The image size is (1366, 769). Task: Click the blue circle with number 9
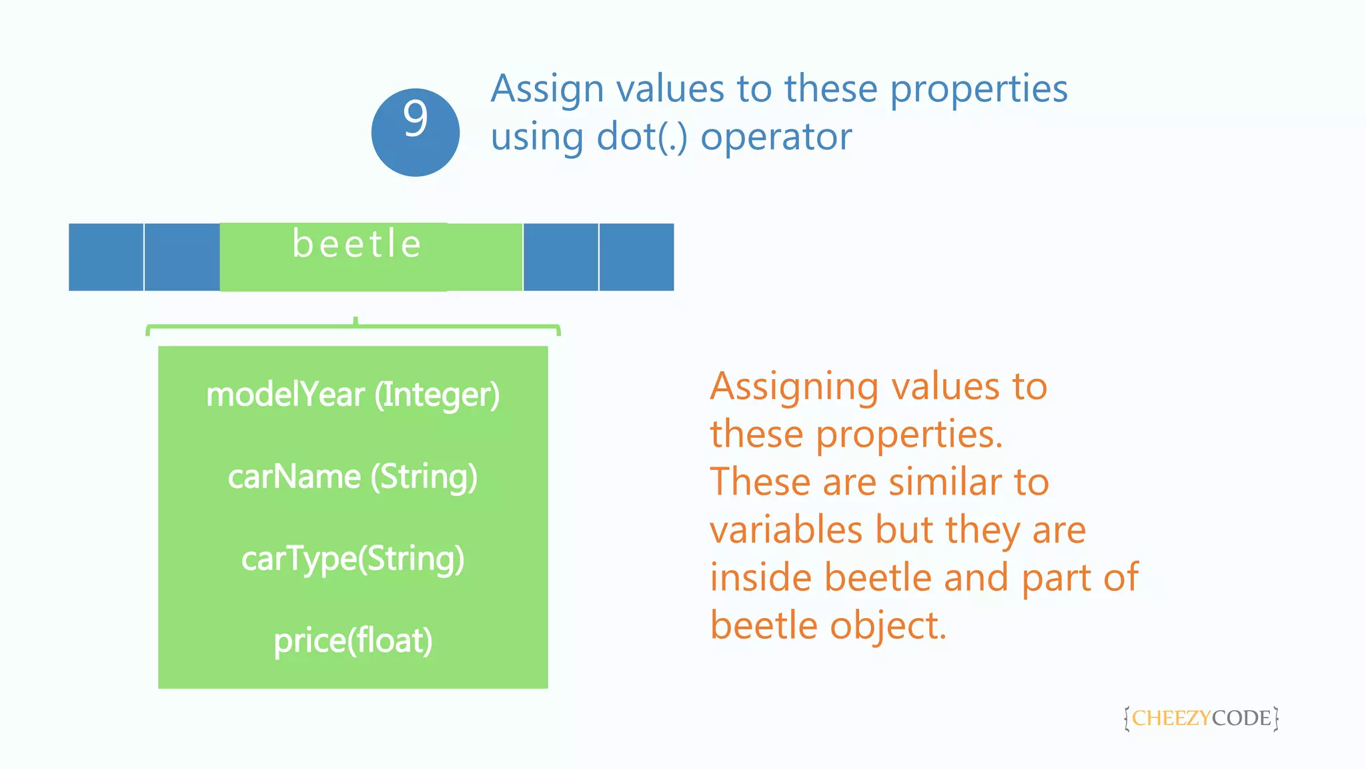pos(415,132)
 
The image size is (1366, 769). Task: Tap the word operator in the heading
pos(776,138)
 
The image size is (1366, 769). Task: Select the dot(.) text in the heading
pos(642,138)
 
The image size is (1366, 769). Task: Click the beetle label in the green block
pos(357,244)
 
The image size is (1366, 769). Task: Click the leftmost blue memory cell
pos(106,257)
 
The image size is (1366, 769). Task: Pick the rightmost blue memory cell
pos(636,257)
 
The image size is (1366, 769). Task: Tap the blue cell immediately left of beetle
pos(182,257)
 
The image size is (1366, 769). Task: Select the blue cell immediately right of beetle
pos(560,257)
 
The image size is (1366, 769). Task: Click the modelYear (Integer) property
pos(353,395)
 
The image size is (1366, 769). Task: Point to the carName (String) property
pos(353,477)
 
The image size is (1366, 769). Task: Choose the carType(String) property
pos(353,559)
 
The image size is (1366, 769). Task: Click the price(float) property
pos(353,641)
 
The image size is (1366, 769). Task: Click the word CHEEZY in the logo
pos(1171,718)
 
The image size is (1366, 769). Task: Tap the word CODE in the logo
pos(1241,718)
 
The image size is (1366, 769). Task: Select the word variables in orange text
pos(786,531)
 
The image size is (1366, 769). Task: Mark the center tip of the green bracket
pos(356,320)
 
